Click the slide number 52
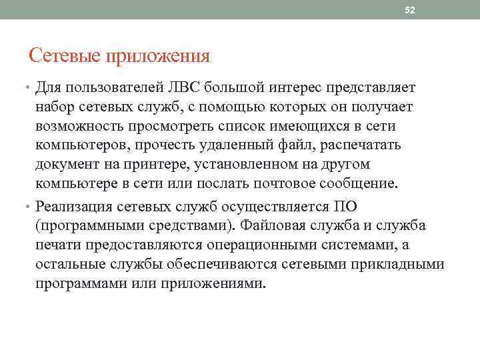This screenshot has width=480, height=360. tap(410, 10)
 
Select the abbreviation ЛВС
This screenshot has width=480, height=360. tap(181, 88)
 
